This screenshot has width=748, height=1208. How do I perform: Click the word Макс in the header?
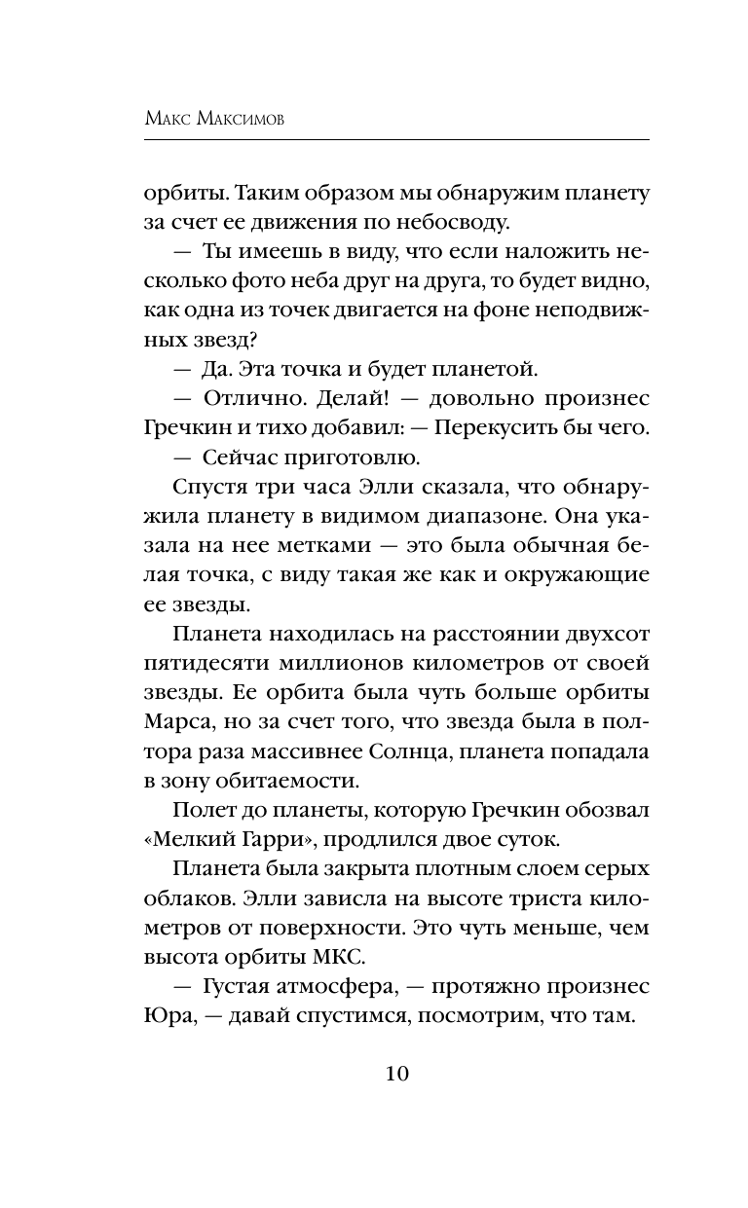click(174, 118)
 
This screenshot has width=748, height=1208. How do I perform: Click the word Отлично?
click(255, 399)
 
